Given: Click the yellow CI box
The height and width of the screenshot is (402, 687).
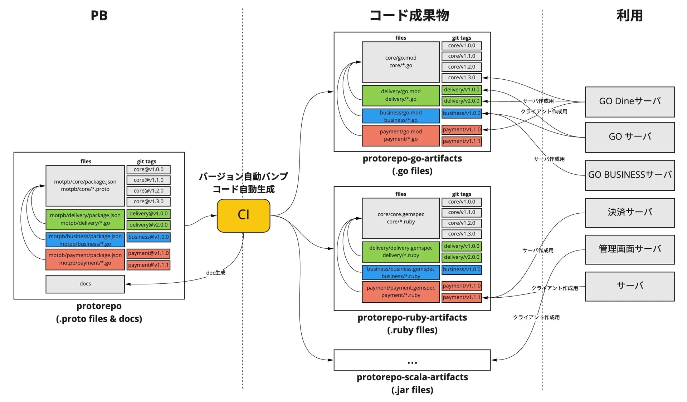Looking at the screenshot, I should coord(243,215).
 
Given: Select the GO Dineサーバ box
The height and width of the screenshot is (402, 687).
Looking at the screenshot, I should coord(630,102).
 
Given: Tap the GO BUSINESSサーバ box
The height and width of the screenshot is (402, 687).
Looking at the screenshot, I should coord(630,175).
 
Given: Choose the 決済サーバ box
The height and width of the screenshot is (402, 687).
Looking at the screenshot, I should coord(630,213).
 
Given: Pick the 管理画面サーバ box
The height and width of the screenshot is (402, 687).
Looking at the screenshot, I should coord(630,249).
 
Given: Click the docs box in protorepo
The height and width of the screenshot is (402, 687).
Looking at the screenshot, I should coord(85,284).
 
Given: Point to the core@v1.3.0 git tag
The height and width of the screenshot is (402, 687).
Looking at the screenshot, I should coord(148,202).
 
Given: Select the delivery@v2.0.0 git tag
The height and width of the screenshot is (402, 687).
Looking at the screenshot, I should coord(148,225).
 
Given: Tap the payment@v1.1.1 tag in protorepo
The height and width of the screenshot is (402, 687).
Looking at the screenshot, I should coord(148,265).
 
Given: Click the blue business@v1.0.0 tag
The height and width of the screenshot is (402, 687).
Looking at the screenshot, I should coord(148,237).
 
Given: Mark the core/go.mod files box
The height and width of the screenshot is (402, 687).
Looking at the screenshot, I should coord(401,62).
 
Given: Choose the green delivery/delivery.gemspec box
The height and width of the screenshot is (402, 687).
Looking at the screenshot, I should coord(401,252).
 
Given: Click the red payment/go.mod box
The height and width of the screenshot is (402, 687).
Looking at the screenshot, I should coord(401,135).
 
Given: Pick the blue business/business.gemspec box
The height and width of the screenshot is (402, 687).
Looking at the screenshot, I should coord(401,272).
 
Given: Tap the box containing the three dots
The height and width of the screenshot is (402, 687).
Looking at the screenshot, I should coord(412,360).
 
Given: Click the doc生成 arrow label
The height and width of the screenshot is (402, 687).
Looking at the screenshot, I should coord(216,273).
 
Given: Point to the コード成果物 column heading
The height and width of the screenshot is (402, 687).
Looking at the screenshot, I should coord(409,15).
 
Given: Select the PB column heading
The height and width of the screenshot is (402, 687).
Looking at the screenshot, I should coord(99,15).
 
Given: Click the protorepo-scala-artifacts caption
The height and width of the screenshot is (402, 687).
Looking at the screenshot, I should coord(412,377).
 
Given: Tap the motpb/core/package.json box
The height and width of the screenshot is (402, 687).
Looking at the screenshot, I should coord(85,185).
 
